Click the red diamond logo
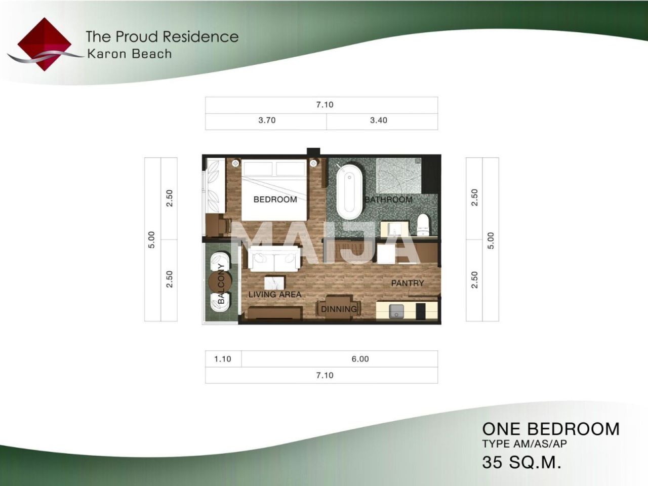tap(44, 44)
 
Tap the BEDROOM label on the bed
tap(275, 199)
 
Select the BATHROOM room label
tap(388, 200)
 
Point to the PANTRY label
tap(408, 283)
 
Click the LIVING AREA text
tap(275, 295)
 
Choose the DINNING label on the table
tap(339, 309)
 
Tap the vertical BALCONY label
tap(221, 283)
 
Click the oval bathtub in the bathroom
tap(349, 191)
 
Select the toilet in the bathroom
tap(423, 225)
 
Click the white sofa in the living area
tap(274, 259)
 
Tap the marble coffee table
tap(274, 283)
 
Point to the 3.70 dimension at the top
tap(267, 120)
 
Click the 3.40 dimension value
tap(379, 120)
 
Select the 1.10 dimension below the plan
tap(223, 359)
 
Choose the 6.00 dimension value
tap(360, 359)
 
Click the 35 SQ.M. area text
tap(521, 462)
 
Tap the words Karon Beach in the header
tap(130, 54)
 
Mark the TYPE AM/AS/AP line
tap(524, 444)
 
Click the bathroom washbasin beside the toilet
tap(394, 229)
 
